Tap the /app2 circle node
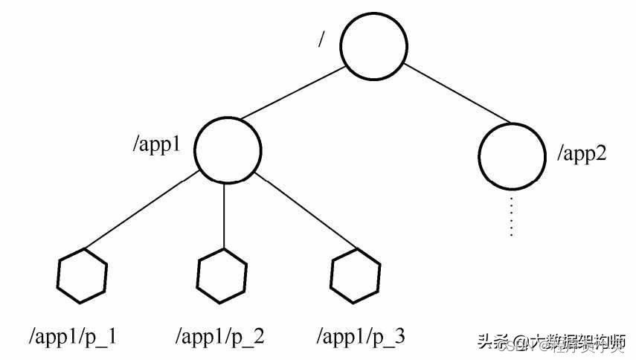pos(511,155)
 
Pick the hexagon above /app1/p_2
pos(222,276)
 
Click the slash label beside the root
pos(321,39)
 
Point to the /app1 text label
pos(157,144)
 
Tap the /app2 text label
pos(582,155)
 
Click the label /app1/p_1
pos(72,337)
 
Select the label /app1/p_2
pos(219,337)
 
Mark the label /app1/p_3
pos(361,337)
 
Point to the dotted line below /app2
pos(511,216)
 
